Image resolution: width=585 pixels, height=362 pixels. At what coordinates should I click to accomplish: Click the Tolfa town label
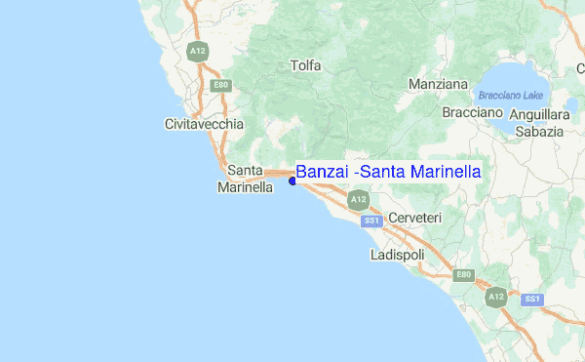coord(305,65)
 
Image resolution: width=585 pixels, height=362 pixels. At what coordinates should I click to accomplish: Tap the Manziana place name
coord(438,84)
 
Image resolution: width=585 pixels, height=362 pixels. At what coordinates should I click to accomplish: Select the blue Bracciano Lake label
coord(510,96)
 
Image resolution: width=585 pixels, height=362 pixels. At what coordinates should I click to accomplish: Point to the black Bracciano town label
coord(472,113)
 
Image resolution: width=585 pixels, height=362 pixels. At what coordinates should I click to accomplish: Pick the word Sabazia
coord(539,131)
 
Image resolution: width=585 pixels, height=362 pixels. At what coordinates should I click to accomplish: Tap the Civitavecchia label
coord(205,125)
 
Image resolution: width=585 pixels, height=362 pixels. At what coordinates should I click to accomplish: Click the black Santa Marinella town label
coord(245,179)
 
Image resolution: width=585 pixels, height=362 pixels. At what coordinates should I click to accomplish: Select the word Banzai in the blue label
coord(323,172)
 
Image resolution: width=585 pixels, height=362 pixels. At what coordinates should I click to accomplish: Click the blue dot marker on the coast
coord(292,181)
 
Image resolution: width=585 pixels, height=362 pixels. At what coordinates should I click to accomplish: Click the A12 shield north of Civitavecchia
coord(199,52)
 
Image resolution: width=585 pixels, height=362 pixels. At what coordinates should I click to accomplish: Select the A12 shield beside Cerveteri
coord(359,200)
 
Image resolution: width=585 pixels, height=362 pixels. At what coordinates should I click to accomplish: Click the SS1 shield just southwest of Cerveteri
coord(370,221)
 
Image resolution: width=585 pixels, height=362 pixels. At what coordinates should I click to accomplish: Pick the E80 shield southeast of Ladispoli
coord(464,275)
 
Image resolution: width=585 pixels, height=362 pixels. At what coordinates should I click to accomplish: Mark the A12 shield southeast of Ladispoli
coord(496,296)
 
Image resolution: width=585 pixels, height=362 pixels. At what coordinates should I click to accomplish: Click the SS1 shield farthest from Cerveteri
coord(531,299)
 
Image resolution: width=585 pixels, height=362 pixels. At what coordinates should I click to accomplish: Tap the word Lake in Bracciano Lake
coord(531,96)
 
